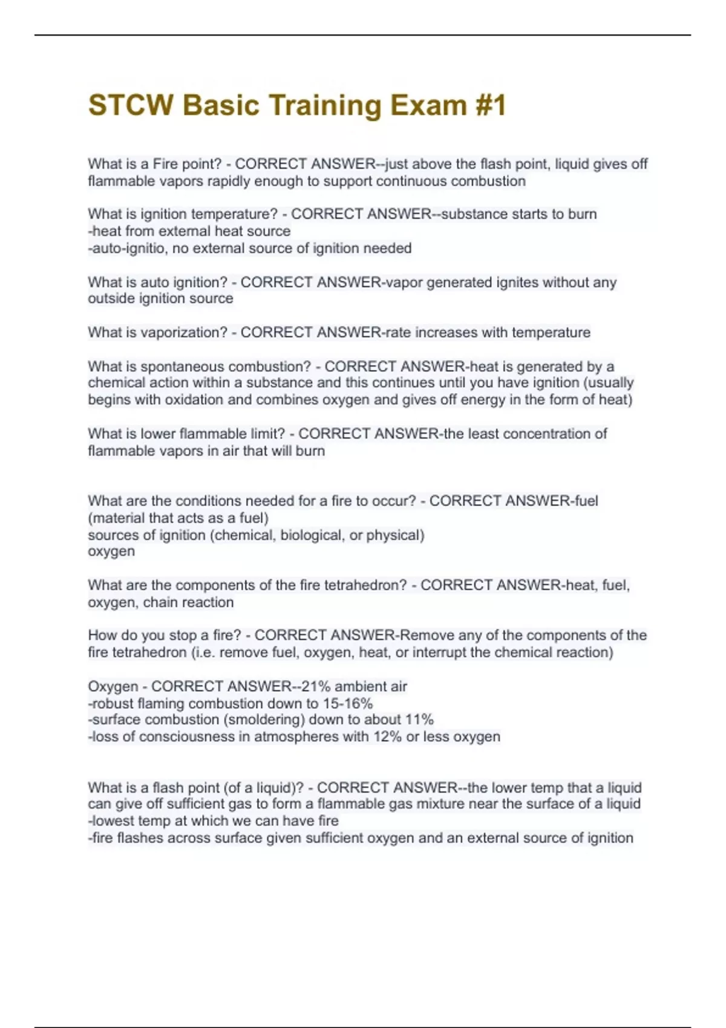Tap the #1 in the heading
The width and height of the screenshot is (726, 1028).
(489, 105)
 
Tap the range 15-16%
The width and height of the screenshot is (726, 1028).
(348, 703)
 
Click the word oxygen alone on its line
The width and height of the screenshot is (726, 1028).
(111, 551)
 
